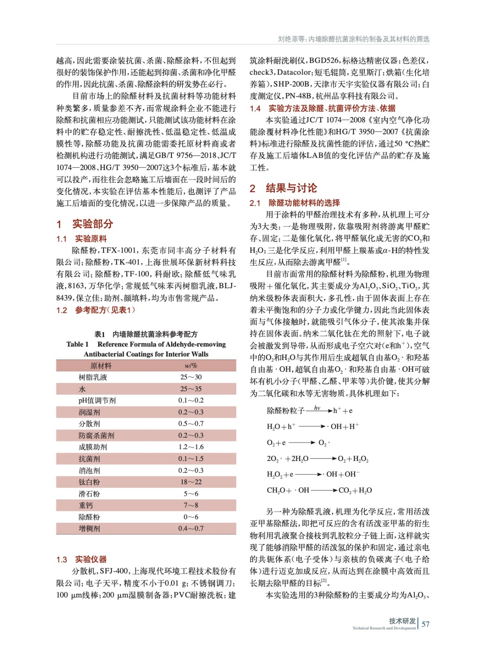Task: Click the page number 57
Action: tap(425, 624)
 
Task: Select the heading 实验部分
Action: tap(93, 224)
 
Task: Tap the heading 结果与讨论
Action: tap(291, 188)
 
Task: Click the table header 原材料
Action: tap(101, 366)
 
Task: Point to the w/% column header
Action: tap(191, 366)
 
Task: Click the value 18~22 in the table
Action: tap(191, 482)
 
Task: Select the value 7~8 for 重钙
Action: tap(191, 505)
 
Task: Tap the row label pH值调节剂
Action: tap(97, 400)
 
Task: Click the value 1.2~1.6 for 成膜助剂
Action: tap(191, 447)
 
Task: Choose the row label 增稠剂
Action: tap(89, 529)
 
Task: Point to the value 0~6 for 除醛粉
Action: tap(191, 517)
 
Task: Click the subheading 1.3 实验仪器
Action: tap(81, 559)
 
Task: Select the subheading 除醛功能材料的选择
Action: tap(304, 203)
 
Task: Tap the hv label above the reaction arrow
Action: tap(317, 408)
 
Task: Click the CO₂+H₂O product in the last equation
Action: tap(355, 490)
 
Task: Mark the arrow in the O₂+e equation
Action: tap(302, 443)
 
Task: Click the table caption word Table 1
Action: tap(77, 344)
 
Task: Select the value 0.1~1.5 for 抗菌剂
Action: tap(191, 458)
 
